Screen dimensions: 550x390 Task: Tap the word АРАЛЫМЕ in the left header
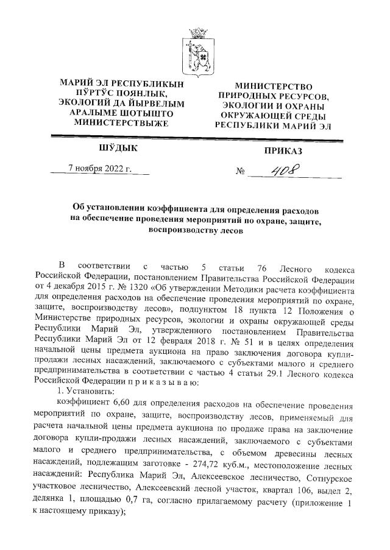click(x=88, y=113)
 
